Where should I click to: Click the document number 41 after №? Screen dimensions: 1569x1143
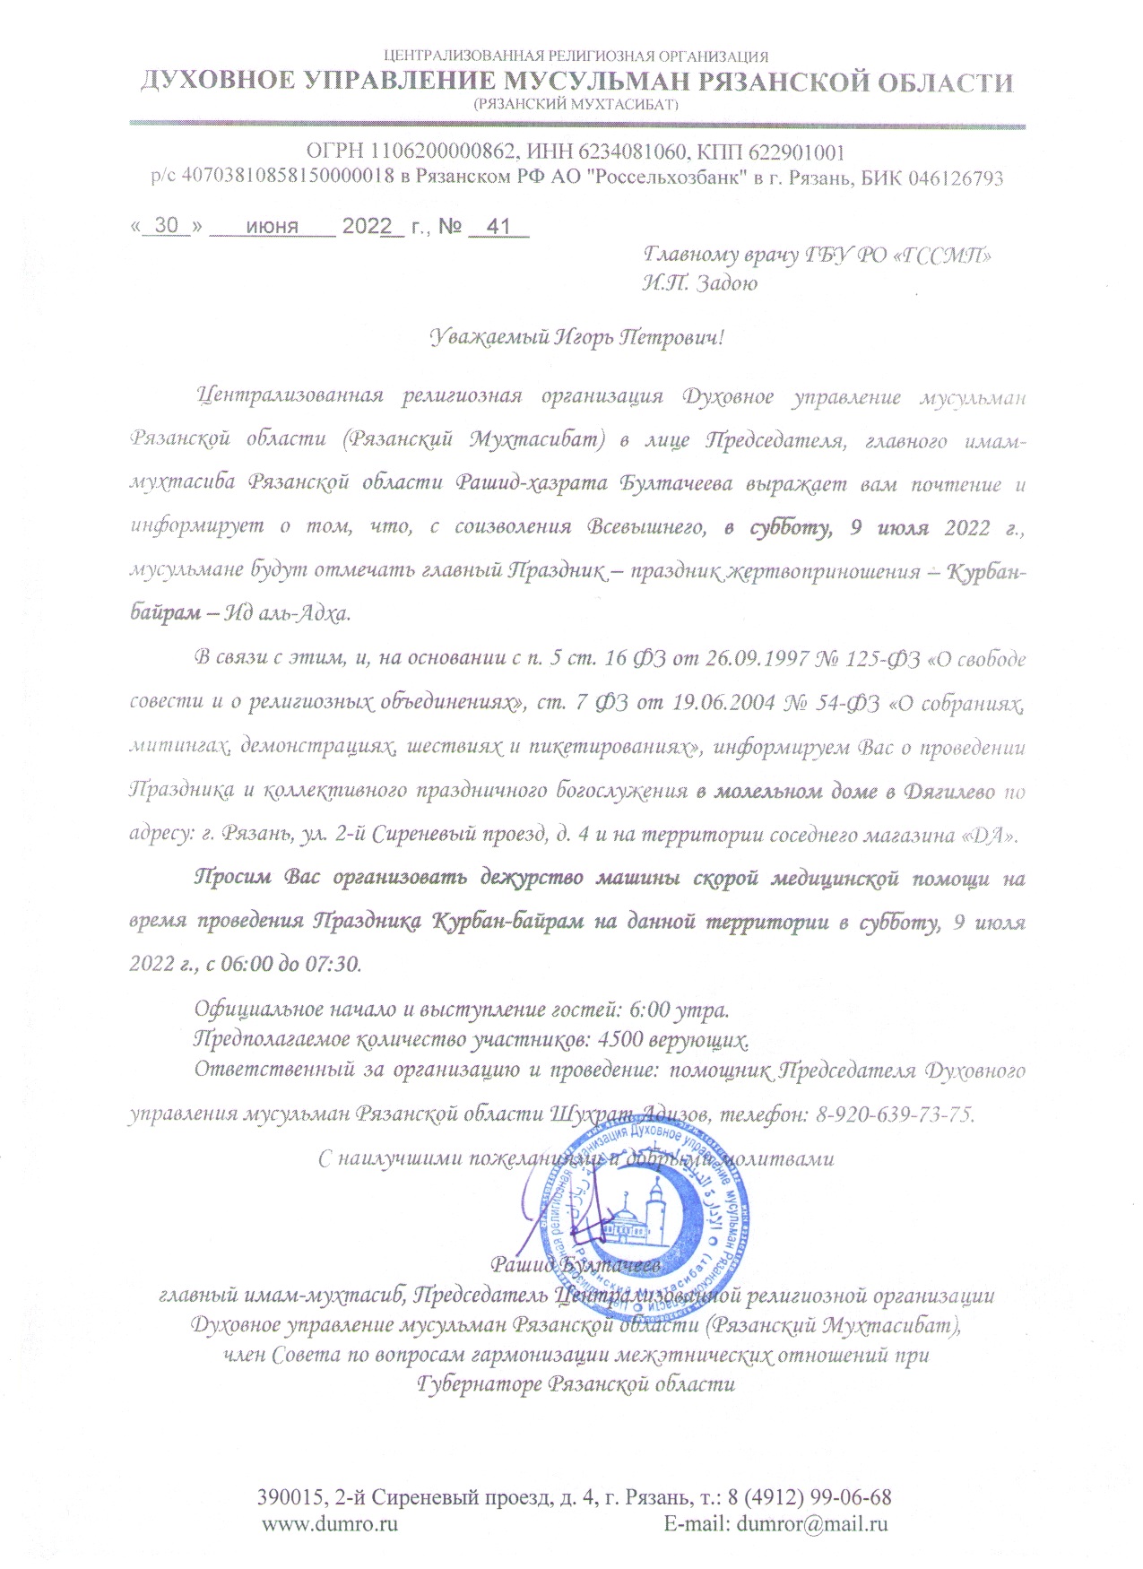(497, 226)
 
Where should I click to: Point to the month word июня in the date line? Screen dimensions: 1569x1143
(272, 226)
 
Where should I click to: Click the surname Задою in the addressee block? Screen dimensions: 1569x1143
(726, 283)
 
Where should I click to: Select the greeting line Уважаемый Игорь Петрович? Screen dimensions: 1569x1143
(576, 338)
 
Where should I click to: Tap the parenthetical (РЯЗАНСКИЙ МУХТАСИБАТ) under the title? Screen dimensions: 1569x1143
(576, 104)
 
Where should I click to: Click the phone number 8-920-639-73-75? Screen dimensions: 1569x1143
(894, 1114)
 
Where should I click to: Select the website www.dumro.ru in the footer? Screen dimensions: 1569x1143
(329, 1522)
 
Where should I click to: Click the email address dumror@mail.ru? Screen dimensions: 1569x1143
(811, 1522)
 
